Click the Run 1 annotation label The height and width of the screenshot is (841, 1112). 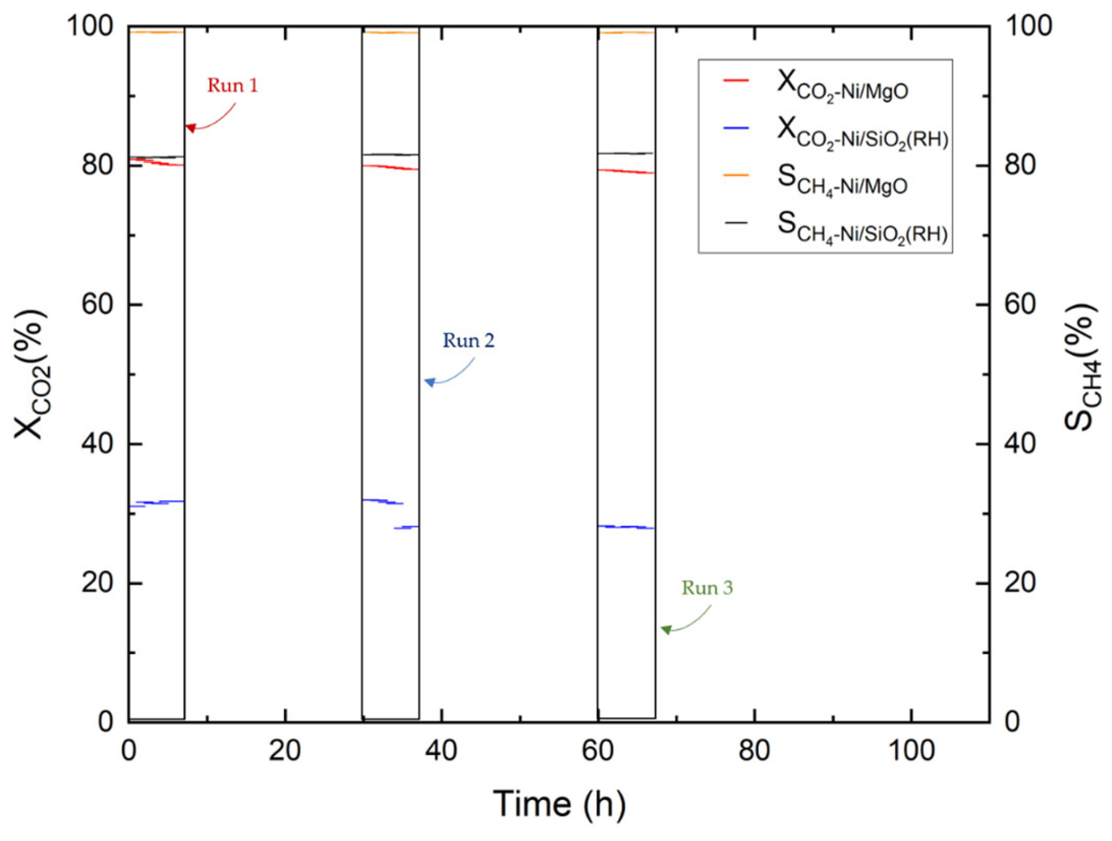pos(233,86)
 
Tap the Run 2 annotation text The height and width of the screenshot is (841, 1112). pos(468,341)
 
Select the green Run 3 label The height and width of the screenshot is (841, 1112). pos(707,588)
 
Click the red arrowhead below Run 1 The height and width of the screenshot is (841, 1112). pos(190,128)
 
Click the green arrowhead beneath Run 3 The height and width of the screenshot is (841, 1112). pos(666,629)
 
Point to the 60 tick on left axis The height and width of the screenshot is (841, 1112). pos(97,305)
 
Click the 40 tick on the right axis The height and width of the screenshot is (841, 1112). pos(1019,444)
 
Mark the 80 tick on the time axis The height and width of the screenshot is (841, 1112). pos(754,752)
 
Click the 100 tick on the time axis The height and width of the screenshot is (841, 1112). pos(911,752)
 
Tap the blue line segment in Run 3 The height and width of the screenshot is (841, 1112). pos(626,527)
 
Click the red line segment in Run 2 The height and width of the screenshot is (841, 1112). pos(390,167)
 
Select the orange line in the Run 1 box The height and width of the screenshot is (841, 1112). pos(157,32)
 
